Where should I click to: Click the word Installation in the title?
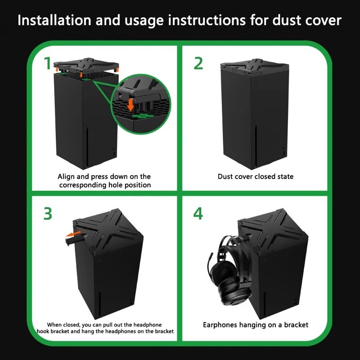54,20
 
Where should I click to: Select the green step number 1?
48,63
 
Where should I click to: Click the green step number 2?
198,63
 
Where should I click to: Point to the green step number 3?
48,214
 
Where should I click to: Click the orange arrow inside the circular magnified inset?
131,104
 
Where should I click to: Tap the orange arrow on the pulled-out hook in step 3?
73,234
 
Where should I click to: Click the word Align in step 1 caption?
66,176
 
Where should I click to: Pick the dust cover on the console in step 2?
254,67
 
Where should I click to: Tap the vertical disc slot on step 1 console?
87,147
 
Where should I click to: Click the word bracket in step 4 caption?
296,325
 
